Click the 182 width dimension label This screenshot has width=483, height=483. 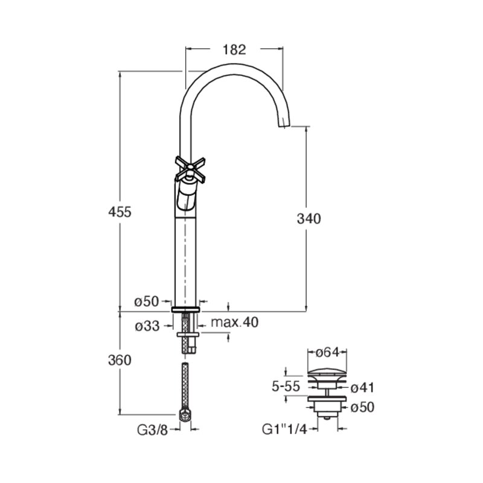[x=234, y=50]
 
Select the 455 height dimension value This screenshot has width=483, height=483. [x=120, y=212]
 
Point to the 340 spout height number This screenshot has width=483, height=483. [x=309, y=219]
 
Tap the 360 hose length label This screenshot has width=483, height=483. [x=120, y=360]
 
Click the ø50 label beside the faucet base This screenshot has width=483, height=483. [x=147, y=301]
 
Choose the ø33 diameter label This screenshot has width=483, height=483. [x=147, y=326]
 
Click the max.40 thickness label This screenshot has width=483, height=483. [x=235, y=322]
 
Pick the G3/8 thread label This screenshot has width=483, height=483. [x=153, y=430]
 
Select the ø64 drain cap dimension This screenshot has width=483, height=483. [x=327, y=352]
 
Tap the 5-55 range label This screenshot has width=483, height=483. [x=286, y=386]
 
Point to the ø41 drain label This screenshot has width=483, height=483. [x=363, y=388]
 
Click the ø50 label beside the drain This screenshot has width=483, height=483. [x=363, y=408]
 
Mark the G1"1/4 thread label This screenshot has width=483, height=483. [x=284, y=430]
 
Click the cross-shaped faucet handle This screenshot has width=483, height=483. [x=190, y=169]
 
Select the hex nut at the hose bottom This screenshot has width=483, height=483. [x=185, y=416]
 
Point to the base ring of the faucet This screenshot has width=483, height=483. [x=185, y=310]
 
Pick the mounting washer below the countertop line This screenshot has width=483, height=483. [x=188, y=334]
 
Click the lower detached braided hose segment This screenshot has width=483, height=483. [x=185, y=386]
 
